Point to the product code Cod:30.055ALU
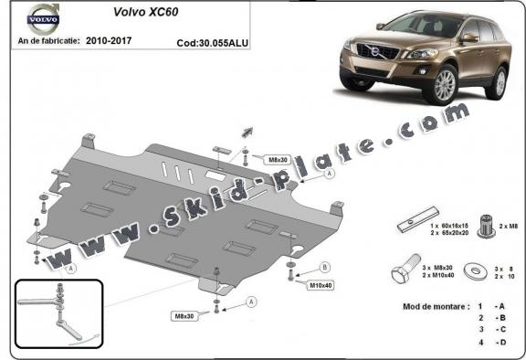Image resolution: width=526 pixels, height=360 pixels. click(x=213, y=42)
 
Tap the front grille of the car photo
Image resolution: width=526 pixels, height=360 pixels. click(x=377, y=52)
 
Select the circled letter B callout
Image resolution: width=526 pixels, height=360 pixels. click(x=325, y=268)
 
